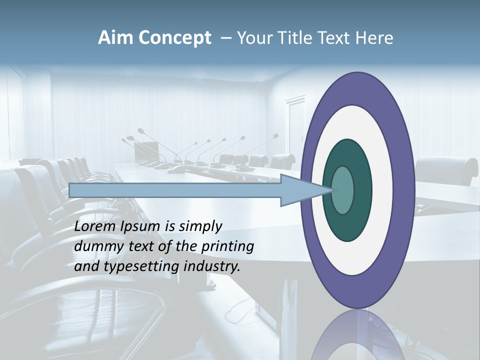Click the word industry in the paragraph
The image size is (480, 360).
pos(211,266)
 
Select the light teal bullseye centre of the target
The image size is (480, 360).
pos(342,190)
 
